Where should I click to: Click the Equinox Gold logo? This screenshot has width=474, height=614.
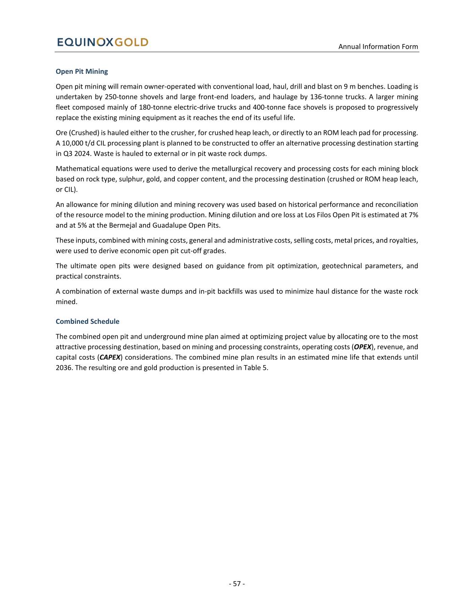[x=102, y=42]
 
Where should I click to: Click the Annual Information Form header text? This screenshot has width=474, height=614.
[x=378, y=47]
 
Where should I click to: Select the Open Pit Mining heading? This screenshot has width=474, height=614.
[x=82, y=72]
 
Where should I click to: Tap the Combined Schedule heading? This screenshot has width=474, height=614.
[x=88, y=322]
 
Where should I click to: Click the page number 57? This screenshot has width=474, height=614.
[x=237, y=584]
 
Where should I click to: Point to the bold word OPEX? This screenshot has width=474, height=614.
[x=363, y=347]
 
